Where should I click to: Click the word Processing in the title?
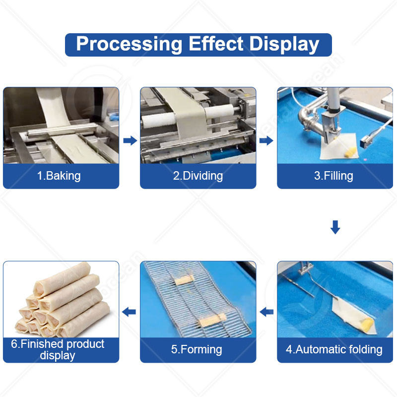pyautogui.click(x=129, y=44)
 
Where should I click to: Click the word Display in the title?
pyautogui.click(x=284, y=44)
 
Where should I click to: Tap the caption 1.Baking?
pyautogui.click(x=59, y=176)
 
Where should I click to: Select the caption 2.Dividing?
pyautogui.click(x=198, y=176)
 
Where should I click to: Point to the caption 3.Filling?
pyautogui.click(x=333, y=176)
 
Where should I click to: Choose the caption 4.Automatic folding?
pyautogui.click(x=334, y=349)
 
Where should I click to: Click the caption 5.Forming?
pyautogui.click(x=198, y=349)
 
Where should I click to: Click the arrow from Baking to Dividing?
pyautogui.click(x=130, y=141)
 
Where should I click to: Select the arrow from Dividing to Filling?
pyautogui.click(x=266, y=141)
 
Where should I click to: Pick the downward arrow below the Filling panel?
pyautogui.click(x=335, y=227)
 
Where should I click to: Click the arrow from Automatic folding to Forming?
pyautogui.click(x=266, y=312)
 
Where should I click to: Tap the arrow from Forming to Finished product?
pyautogui.click(x=130, y=312)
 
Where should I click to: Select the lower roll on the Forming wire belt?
pyautogui.click(x=215, y=319)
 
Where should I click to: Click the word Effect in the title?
pyautogui.click(x=216, y=44)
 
